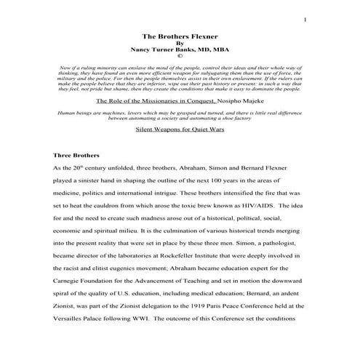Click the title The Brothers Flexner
coord(180,34)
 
